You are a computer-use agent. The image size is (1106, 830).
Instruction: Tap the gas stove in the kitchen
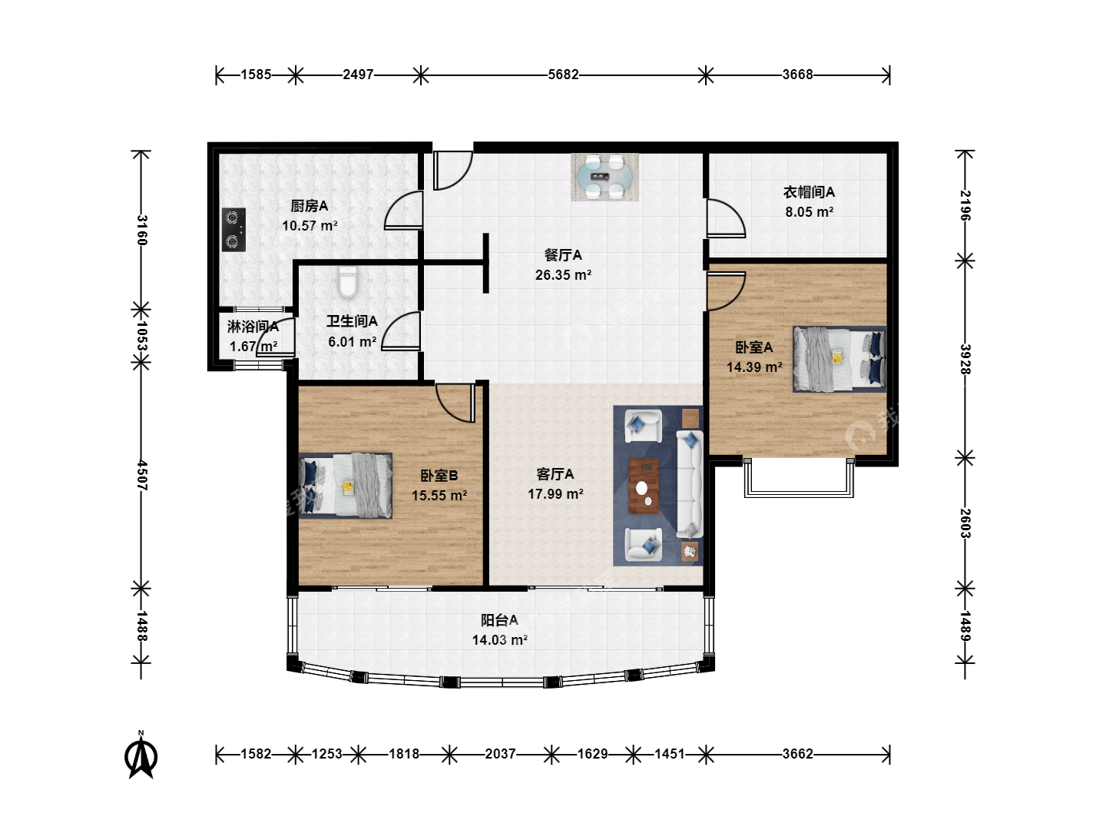click(233, 230)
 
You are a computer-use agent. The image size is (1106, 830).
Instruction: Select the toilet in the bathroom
click(348, 282)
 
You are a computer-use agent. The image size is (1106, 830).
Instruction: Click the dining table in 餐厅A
click(604, 177)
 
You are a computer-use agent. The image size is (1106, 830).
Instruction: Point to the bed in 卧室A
click(839, 359)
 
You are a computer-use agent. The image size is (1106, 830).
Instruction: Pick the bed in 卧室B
click(346, 485)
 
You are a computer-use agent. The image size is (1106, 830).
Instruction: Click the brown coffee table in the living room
click(644, 486)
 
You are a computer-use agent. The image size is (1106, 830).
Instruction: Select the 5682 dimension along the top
click(563, 75)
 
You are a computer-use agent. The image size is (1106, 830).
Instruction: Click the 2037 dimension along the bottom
click(500, 754)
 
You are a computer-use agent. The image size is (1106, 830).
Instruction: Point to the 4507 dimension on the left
click(141, 475)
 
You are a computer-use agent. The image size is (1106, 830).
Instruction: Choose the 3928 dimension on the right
click(965, 360)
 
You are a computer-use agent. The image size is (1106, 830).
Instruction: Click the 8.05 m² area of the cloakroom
click(810, 212)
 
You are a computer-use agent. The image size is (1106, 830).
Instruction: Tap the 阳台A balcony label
click(499, 620)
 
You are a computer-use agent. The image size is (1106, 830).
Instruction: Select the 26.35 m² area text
click(563, 275)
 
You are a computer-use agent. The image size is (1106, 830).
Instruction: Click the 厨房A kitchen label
click(310, 206)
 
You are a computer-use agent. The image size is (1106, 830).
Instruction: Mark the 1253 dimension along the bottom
click(327, 754)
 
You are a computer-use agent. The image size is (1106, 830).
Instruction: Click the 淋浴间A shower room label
click(253, 327)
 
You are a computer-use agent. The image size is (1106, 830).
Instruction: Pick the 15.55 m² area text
click(439, 496)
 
